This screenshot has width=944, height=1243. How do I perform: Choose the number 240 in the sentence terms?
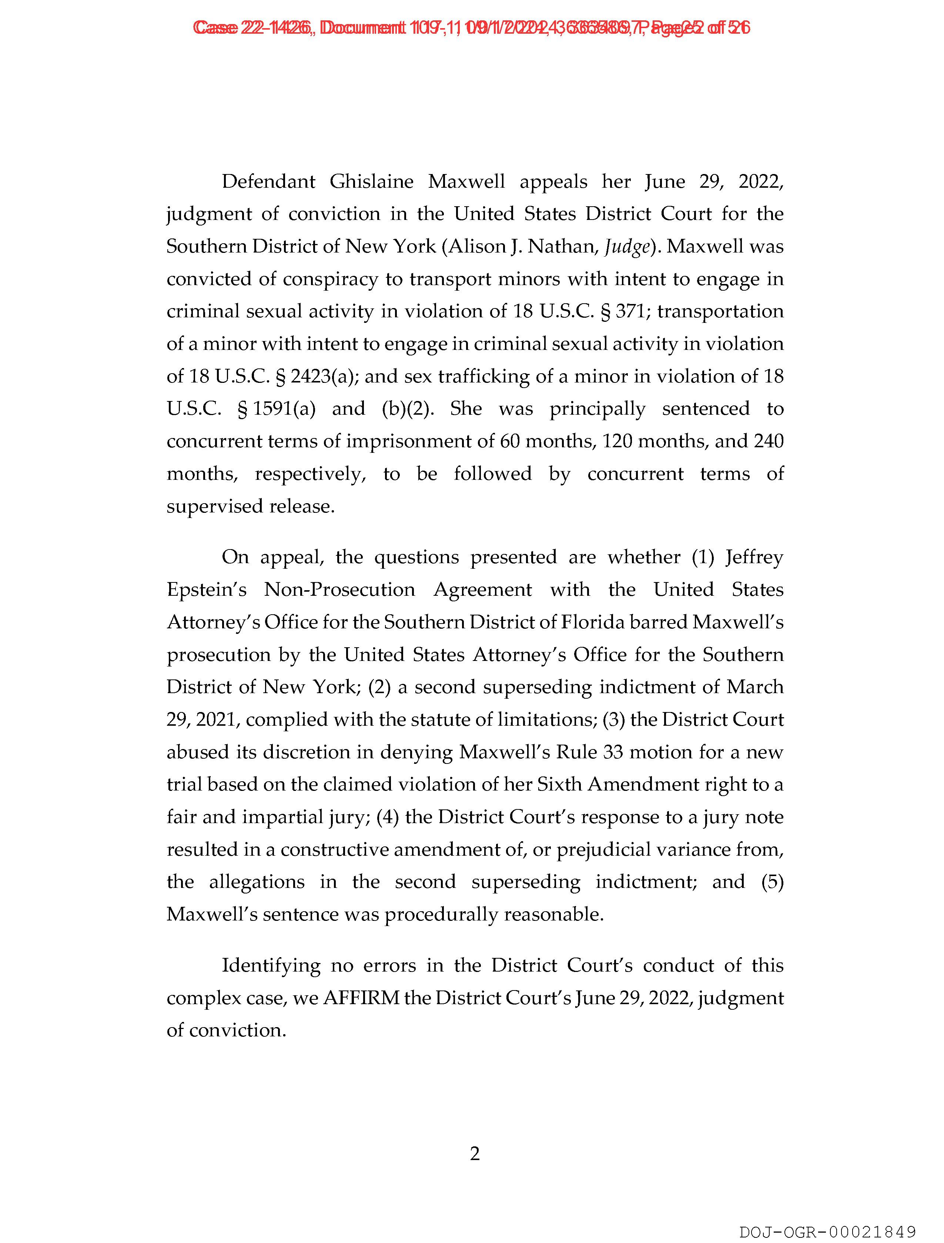coord(768,441)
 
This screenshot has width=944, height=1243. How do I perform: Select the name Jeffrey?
coord(754,557)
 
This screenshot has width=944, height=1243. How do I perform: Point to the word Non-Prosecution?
coord(339,589)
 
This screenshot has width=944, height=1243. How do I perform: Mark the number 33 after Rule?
coord(612,752)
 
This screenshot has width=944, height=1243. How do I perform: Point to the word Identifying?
coord(271,965)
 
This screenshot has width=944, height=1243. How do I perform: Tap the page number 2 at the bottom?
coord(474,1154)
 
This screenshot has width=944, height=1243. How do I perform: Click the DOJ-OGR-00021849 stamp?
coord(827,1232)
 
